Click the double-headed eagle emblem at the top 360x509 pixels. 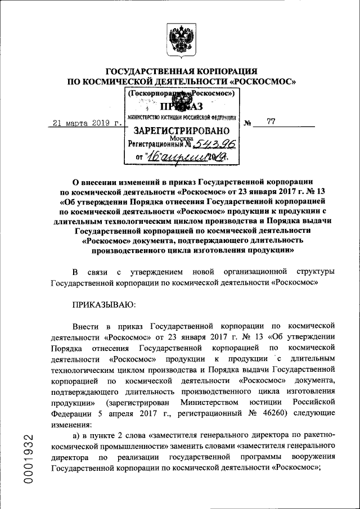coord(181,38)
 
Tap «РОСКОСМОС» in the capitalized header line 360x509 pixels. coord(264,82)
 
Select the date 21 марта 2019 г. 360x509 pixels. coord(86,123)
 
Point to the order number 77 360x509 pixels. coord(271,121)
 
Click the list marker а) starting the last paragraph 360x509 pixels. coord(77,434)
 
